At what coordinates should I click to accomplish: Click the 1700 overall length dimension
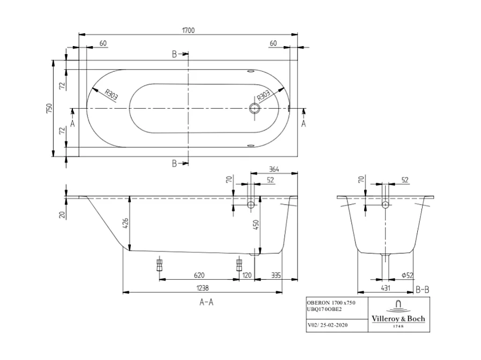coord(188,31)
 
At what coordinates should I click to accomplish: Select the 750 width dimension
coord(49,109)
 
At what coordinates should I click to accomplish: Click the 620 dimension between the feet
coord(199,275)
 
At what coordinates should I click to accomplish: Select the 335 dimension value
coord(276,275)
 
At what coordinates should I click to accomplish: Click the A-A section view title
coord(206,302)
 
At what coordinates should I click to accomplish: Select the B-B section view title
coord(423,290)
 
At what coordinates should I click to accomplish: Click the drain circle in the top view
coord(254,109)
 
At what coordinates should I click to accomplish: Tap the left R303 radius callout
coord(111,95)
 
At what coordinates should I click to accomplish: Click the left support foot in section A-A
coord(159,265)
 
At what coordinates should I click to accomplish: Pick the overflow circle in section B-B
coord(385,205)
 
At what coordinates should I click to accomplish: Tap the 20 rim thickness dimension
coord(62,214)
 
